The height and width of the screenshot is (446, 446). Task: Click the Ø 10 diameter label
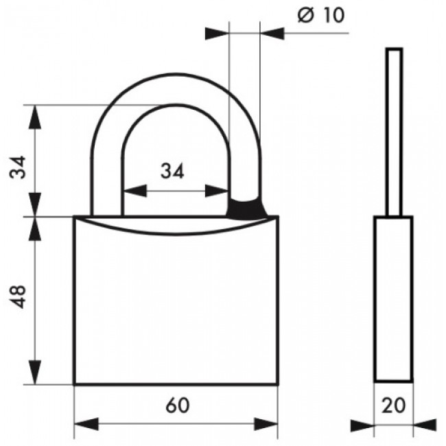pos(321,16)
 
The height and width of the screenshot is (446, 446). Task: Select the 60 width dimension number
pos(177,405)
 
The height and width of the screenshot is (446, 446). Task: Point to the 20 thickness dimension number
pos(394,405)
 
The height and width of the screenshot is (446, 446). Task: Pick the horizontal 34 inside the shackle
pos(173,172)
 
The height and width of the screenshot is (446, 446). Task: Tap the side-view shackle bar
pos(393,130)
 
